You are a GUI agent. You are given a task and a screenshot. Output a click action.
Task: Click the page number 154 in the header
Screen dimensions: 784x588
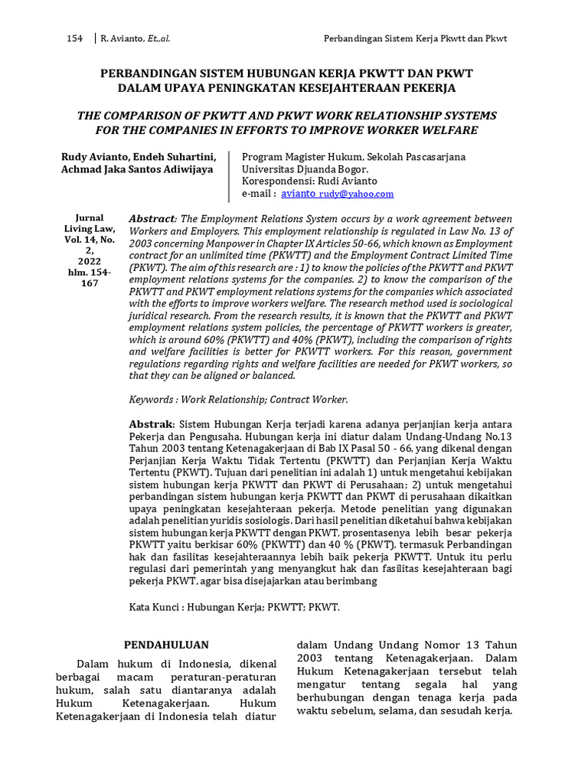tap(76, 38)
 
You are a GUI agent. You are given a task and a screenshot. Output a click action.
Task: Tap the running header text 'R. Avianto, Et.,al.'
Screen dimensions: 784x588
tap(143, 38)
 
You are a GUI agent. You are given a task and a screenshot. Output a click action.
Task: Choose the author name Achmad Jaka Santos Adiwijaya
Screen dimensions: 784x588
tap(137, 169)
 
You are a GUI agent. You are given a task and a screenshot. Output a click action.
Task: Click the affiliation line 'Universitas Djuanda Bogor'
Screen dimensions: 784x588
tap(305, 169)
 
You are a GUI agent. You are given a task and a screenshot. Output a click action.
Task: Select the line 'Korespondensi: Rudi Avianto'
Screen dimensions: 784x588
tap(309, 181)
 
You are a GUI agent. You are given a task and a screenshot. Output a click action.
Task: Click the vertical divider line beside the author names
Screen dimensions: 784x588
tap(229, 175)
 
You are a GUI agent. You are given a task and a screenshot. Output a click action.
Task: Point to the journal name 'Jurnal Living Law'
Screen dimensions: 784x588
tap(89, 223)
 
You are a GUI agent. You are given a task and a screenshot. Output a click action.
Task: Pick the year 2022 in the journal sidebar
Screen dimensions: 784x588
tap(89, 260)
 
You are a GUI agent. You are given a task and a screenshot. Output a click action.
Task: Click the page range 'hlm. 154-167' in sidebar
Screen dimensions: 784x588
tap(89, 277)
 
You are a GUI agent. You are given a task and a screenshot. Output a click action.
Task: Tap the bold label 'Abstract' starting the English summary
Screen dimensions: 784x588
tap(152, 218)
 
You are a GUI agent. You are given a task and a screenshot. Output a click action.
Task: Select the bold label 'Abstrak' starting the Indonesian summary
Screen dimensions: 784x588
tap(151, 424)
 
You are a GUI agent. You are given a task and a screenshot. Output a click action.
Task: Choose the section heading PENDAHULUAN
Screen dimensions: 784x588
tap(166, 645)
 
